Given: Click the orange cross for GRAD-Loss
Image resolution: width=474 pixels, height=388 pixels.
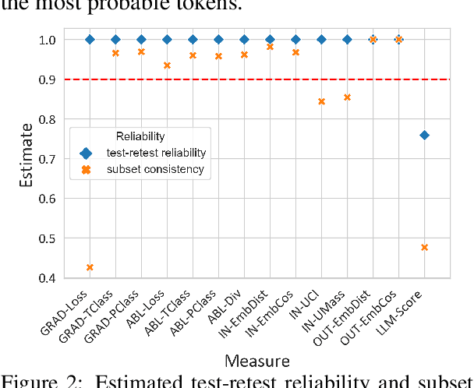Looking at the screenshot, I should click(x=90, y=267).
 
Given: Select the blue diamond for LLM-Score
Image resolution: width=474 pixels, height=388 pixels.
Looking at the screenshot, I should click(x=424, y=135).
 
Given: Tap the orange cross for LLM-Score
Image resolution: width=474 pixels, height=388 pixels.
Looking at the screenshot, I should click(x=424, y=247).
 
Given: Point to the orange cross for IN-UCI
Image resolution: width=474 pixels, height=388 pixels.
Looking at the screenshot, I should click(x=321, y=101).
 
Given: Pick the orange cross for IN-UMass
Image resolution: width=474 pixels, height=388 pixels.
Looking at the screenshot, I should click(x=347, y=97).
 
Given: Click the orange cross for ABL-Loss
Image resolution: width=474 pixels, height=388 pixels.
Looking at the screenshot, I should click(x=167, y=65).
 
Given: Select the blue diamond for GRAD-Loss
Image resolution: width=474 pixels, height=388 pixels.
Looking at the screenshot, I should click(x=90, y=39).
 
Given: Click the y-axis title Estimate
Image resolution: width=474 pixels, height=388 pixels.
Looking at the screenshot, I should click(x=27, y=159).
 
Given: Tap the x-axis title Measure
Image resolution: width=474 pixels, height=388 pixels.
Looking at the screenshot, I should click(x=256, y=361).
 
